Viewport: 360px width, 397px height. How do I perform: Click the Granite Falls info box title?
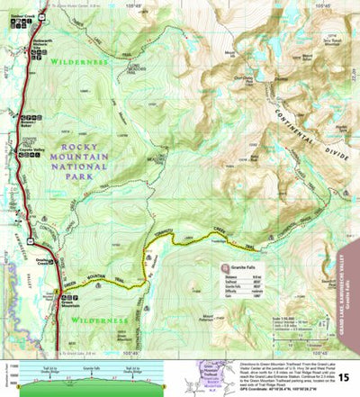[243, 268]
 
